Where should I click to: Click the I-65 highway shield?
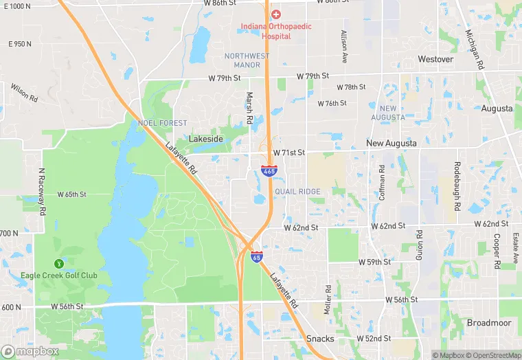(256, 256)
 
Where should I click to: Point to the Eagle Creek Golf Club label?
(69, 275)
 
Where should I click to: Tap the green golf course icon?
(58, 263)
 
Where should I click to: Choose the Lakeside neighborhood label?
(206, 139)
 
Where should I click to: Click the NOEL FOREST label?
(163, 123)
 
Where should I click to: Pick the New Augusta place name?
(391, 143)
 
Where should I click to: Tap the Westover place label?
(435, 59)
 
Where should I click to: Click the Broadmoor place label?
(489, 323)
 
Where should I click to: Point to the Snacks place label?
(320, 339)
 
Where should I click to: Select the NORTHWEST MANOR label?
(247, 60)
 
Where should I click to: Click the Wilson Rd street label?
(24, 92)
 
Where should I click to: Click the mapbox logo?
(30, 351)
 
